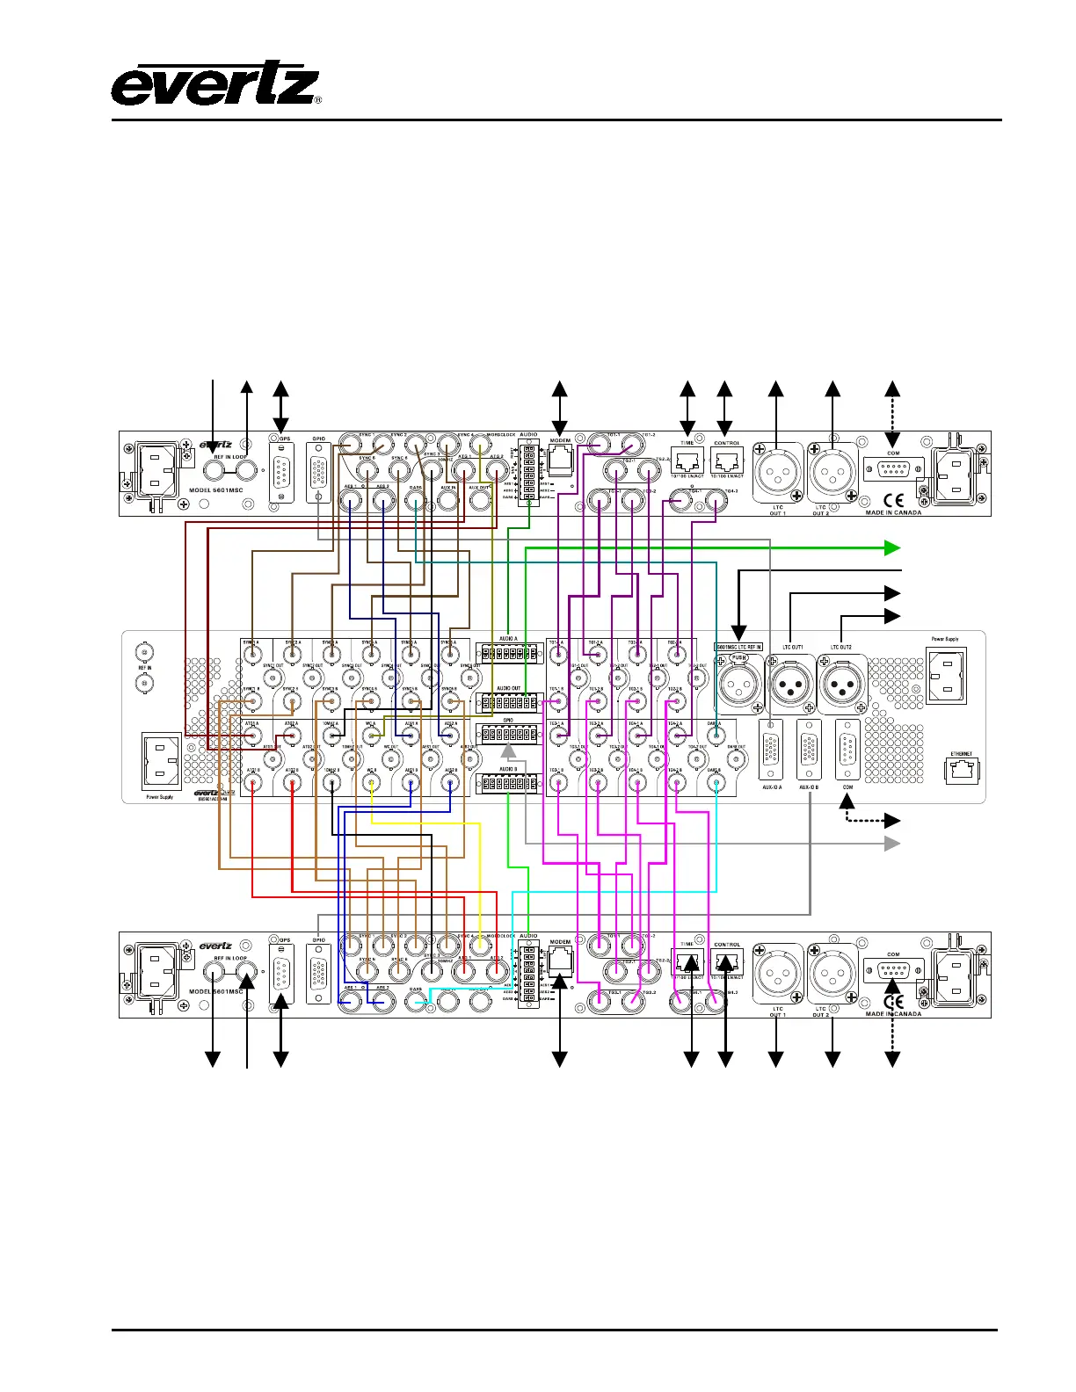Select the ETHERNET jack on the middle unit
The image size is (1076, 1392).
point(961,770)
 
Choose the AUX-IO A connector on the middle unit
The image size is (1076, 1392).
point(771,749)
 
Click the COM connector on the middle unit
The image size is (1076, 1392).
point(847,749)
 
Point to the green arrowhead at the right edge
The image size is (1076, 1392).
point(892,548)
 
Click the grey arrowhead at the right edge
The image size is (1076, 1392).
point(892,844)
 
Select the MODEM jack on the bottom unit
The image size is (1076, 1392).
point(560,960)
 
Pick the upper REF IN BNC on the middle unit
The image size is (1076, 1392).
point(143,653)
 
